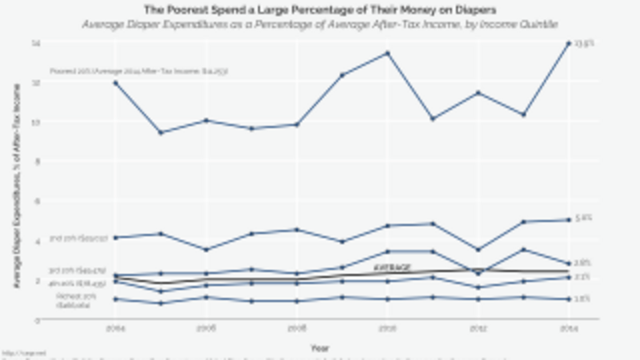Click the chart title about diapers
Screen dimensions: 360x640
[x=320, y=10]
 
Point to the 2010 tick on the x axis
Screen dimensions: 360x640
[x=387, y=328]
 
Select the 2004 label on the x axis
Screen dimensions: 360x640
[x=115, y=328]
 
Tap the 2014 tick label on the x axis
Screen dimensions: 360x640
[x=568, y=328]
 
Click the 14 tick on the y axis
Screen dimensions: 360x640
[x=36, y=42]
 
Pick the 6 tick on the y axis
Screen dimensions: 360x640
[x=36, y=201]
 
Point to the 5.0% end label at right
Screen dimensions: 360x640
[x=583, y=218]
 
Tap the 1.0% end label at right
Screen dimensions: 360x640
[x=583, y=299]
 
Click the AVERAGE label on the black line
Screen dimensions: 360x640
[x=393, y=266]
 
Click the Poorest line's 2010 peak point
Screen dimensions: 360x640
[x=387, y=53]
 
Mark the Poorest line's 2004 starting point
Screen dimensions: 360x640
[x=115, y=82]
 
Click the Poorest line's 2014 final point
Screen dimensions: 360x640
[x=568, y=43]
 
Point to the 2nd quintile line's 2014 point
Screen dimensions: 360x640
[x=568, y=219]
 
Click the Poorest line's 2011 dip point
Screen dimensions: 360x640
[x=432, y=118]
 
